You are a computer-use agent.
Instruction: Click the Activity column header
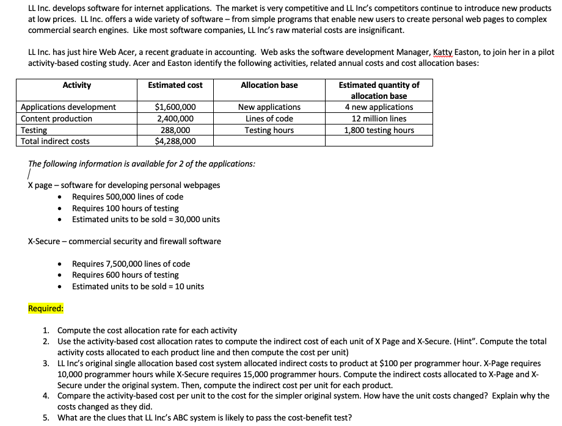tap(76, 85)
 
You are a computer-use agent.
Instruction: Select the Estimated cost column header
tap(175, 85)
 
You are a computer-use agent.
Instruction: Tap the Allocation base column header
tap(269, 85)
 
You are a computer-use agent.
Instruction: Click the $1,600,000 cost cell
tap(175, 107)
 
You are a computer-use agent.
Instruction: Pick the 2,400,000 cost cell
tap(175, 119)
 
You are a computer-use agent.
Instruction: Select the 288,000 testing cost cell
tap(175, 130)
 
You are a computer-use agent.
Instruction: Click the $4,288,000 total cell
tap(175, 142)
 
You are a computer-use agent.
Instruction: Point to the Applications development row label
tap(68, 107)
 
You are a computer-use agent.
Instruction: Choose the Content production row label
tap(57, 119)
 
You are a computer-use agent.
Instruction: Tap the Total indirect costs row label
tap(55, 142)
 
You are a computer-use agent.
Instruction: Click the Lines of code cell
tap(269, 119)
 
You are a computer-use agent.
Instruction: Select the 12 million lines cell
tap(378, 119)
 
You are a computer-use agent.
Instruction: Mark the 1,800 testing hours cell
tap(378, 130)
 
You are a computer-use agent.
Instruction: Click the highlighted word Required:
tap(46, 308)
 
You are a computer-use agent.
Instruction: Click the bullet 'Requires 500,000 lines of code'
tap(127, 197)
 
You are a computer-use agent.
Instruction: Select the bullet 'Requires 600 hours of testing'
tap(125, 275)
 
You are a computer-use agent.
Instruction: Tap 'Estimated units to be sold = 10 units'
tap(138, 286)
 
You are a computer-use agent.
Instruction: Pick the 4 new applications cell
tap(378, 107)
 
